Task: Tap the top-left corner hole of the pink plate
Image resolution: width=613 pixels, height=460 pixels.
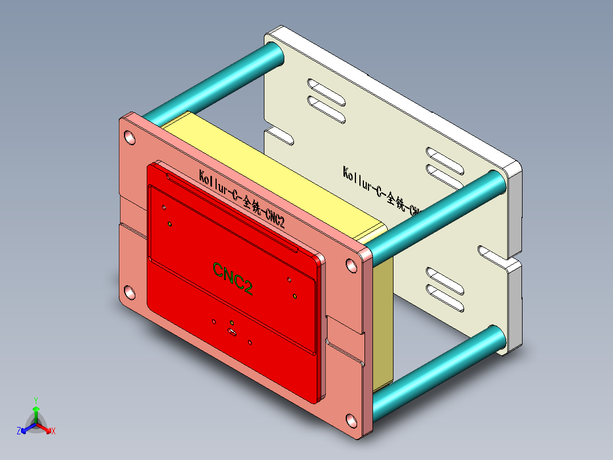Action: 130,137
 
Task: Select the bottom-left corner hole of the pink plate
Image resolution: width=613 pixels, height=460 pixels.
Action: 130,293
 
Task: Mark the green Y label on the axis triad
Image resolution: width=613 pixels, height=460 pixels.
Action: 35,400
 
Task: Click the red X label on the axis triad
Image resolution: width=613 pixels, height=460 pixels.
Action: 53,432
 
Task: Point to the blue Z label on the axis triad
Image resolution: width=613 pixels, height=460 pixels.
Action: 19,431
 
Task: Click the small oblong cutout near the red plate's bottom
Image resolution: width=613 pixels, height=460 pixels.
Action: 232,331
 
